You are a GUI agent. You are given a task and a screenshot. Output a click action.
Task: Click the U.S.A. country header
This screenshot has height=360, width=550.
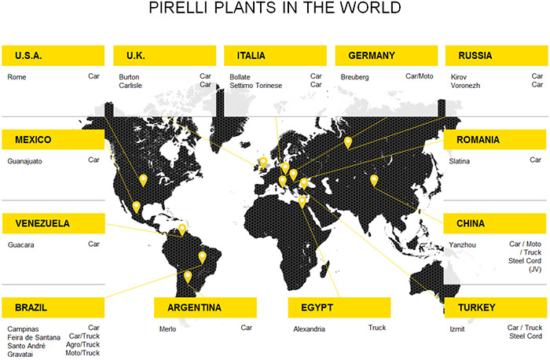(53, 56)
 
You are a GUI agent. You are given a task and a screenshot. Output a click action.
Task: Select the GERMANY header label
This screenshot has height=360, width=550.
(387, 56)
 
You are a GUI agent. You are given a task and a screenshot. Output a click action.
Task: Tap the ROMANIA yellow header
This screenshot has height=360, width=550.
(494, 140)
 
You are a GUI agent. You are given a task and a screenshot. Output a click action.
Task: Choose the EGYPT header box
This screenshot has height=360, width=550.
(339, 307)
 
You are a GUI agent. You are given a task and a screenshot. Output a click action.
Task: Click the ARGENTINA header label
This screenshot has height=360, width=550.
(205, 307)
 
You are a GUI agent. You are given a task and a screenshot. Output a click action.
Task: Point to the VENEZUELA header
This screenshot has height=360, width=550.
(53, 223)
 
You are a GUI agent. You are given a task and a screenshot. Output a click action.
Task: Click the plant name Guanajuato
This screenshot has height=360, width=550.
(24, 161)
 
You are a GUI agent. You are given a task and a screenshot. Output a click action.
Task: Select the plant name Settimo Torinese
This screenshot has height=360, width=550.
(255, 86)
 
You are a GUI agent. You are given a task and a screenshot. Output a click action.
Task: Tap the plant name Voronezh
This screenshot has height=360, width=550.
(465, 86)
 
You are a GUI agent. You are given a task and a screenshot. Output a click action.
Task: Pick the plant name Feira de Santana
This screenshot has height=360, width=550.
(34, 337)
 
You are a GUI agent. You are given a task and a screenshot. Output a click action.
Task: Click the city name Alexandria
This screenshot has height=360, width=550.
(309, 329)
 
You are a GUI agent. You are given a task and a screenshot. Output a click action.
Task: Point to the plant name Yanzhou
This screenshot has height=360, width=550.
(462, 245)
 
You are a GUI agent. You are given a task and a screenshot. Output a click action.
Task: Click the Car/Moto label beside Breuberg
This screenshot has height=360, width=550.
(419, 76)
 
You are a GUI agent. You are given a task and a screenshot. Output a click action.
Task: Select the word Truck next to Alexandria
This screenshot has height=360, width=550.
(377, 328)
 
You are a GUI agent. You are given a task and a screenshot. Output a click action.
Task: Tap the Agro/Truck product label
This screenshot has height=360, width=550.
(82, 344)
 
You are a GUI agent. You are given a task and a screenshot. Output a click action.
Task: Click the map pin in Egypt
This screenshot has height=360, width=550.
(302, 202)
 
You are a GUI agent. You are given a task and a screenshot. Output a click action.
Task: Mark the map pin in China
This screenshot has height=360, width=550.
(374, 181)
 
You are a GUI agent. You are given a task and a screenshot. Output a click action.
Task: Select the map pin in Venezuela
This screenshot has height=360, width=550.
(182, 230)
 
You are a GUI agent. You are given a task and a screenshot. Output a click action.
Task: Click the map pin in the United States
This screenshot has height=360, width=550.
(143, 180)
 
